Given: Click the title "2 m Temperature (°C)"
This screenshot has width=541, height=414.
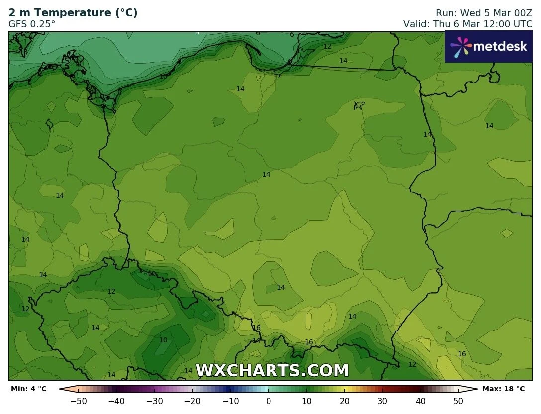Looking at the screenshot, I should pyautogui.click(x=73, y=13).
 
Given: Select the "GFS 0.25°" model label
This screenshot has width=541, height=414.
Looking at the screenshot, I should pyautogui.click(x=32, y=23).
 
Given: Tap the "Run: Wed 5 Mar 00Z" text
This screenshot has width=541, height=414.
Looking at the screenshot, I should pyautogui.click(x=483, y=13).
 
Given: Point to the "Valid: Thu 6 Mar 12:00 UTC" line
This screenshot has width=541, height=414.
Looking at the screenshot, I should pyautogui.click(x=467, y=23).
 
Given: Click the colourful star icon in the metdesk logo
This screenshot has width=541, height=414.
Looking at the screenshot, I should pyautogui.click(x=460, y=46).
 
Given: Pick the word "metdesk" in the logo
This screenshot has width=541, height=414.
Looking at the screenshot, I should pyautogui.click(x=500, y=46).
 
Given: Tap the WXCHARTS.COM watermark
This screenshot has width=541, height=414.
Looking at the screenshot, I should pyautogui.click(x=272, y=371).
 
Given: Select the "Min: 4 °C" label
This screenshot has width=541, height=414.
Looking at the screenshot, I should pyautogui.click(x=28, y=389).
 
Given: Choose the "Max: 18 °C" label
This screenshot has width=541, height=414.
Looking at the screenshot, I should pyautogui.click(x=503, y=389).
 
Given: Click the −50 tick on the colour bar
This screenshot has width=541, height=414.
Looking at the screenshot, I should pyautogui.click(x=79, y=401).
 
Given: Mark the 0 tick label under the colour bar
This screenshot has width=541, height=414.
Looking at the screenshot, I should pyautogui.click(x=269, y=401).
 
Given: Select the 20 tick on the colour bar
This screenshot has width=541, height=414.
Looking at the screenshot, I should pyautogui.click(x=345, y=401).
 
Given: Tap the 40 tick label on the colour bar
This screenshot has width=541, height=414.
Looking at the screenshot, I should pyautogui.click(x=421, y=401).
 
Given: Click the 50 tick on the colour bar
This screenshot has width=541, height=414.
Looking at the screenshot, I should pyautogui.click(x=458, y=401).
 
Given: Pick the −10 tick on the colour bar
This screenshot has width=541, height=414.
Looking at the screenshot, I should pyautogui.click(x=230, y=401).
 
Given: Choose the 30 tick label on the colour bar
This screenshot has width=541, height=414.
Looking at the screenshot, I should pyautogui.click(x=382, y=401).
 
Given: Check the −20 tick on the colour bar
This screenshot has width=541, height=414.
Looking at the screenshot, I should pyautogui.click(x=192, y=401).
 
